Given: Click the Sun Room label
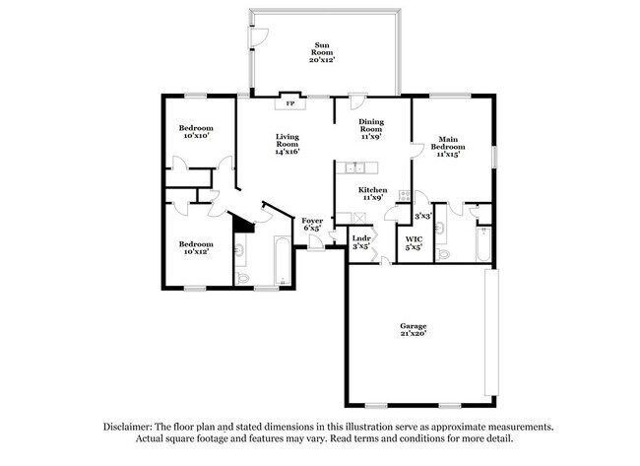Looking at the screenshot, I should (322, 52).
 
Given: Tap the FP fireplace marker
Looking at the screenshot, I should (289, 103).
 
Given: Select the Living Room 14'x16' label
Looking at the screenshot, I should (288, 144).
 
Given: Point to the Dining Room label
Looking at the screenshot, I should (370, 129).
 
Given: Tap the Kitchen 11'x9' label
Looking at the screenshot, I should (372, 193).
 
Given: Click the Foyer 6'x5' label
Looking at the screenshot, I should (312, 225).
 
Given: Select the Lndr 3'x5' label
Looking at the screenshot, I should (361, 241).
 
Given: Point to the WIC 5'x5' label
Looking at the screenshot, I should (414, 242).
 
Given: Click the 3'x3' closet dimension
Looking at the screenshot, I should (422, 216).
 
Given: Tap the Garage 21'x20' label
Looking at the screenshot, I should (414, 330).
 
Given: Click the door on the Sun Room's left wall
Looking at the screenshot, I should (257, 36).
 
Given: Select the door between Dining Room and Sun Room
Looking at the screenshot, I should (358, 101).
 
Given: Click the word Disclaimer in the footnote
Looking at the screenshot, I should (134, 427).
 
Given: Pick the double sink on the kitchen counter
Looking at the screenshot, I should (353, 166).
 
